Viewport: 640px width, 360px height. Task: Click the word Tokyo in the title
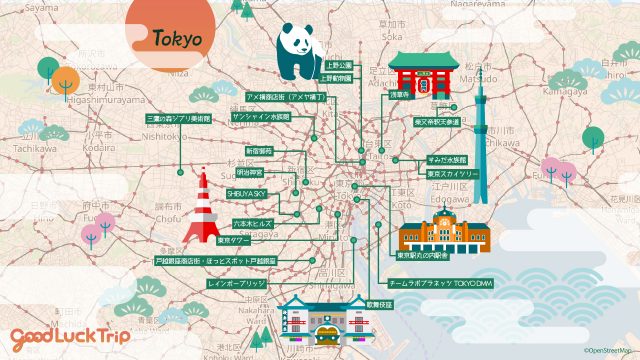pos(178,40)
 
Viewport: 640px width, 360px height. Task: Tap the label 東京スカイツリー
pos(448,172)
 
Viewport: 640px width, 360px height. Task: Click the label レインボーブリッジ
pos(237,284)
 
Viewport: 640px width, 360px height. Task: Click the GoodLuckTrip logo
pos(70,336)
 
